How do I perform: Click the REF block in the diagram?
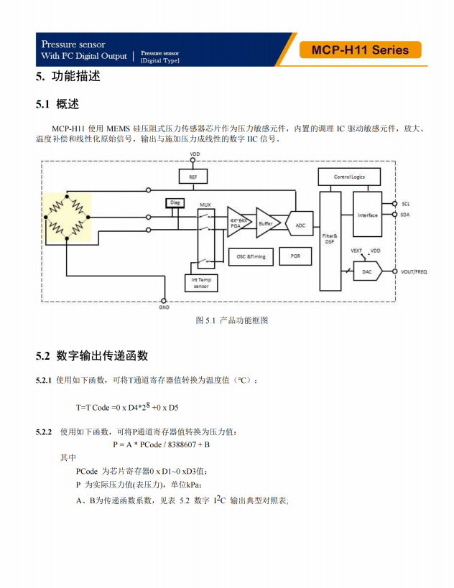(x=193, y=177)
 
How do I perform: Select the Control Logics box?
(x=349, y=177)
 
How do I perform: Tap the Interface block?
(x=367, y=215)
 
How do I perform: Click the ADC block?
(x=300, y=224)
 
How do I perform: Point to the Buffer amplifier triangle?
(x=267, y=223)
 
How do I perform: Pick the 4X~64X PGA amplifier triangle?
(x=238, y=223)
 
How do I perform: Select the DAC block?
(x=368, y=271)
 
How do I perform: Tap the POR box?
(x=295, y=256)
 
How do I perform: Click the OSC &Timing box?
(x=251, y=257)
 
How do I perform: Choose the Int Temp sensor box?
(x=201, y=283)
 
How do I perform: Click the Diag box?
(x=175, y=203)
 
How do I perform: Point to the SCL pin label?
(x=406, y=204)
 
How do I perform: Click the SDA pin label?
(x=405, y=215)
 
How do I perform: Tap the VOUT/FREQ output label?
(x=414, y=271)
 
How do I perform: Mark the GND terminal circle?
(x=164, y=301)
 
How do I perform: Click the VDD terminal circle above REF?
(x=193, y=160)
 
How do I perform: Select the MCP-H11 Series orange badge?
(x=360, y=50)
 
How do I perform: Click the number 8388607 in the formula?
(x=182, y=444)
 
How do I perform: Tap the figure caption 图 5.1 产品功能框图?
(x=232, y=320)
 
